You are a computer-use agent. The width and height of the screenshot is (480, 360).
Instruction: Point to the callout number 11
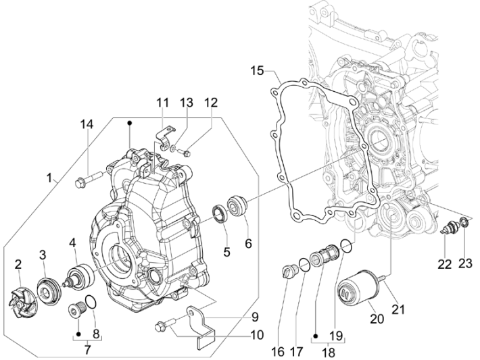point(162,103)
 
